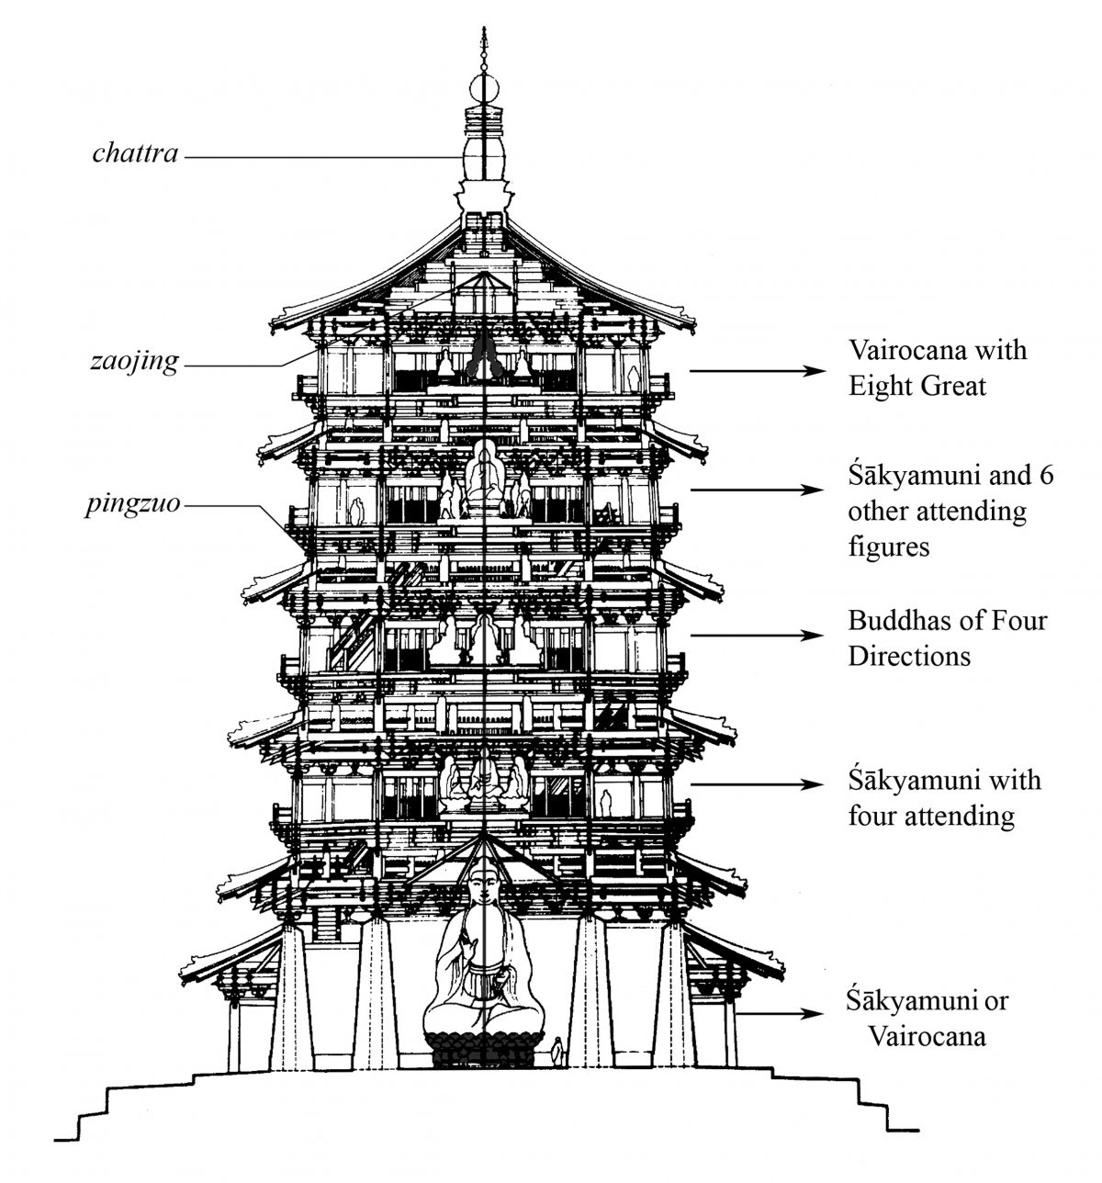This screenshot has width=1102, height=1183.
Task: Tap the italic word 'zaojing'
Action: coord(134,363)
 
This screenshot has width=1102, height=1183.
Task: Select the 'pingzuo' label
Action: coord(136,504)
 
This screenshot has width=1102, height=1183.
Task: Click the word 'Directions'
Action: coord(909,657)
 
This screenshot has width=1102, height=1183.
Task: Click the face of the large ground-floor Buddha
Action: coord(484,890)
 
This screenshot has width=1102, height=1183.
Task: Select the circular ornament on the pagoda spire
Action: coord(484,90)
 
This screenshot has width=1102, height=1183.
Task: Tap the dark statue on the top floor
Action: coord(484,358)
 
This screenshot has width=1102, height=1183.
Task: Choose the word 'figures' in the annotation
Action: coord(889,546)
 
